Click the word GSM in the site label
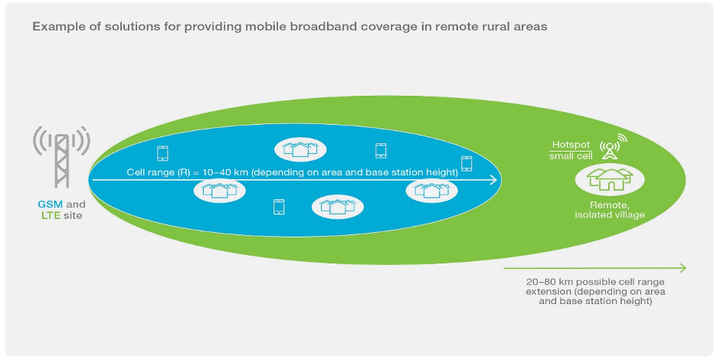pos(51,205)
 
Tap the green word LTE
pos(50,216)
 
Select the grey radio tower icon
pos(61,157)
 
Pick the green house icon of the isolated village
pos(610,180)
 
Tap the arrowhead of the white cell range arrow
pos(494,180)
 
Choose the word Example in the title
pos(56,27)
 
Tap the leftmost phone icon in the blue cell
pos(162,152)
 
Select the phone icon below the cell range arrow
pos(279,207)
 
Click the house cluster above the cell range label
pos(300,149)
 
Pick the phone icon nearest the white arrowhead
pos(467,163)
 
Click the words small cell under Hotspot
pos(571,155)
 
